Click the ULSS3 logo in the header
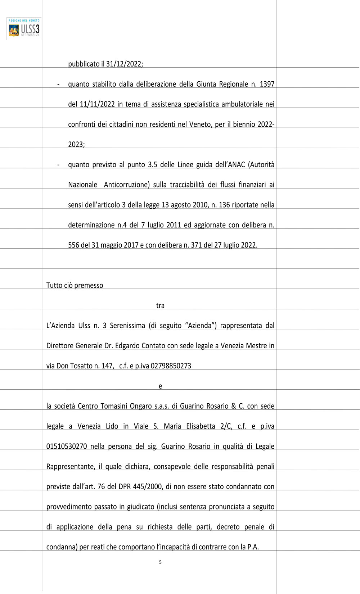(24, 29)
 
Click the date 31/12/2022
(124, 64)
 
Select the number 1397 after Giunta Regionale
(267, 84)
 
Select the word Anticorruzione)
(127, 185)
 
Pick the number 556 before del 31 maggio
(73, 245)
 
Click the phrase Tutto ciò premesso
(75, 286)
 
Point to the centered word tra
(160, 306)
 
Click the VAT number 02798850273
(171, 366)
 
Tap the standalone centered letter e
(160, 386)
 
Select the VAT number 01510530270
(67, 446)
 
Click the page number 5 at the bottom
(160, 562)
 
